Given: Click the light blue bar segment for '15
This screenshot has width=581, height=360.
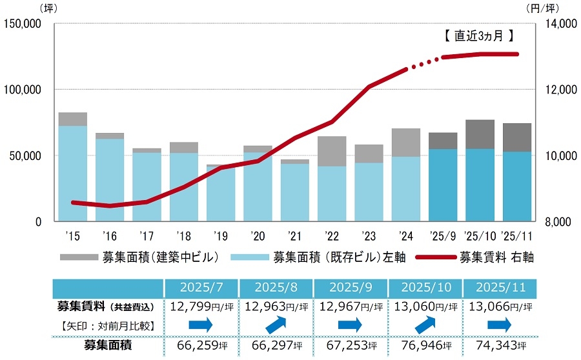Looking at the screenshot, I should (73, 173).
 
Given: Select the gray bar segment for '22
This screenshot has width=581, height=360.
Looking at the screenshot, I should (332, 151).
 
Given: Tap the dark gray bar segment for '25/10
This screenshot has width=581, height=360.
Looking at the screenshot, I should (480, 134).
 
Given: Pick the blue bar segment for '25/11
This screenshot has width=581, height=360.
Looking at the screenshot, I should (517, 186).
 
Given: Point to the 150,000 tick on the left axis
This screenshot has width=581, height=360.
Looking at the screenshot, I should (23, 24).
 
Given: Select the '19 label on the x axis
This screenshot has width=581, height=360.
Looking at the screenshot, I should (220, 235).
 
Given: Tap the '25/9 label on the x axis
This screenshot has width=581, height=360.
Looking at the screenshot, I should (442, 235).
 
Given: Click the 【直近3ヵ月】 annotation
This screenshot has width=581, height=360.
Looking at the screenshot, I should (480, 37).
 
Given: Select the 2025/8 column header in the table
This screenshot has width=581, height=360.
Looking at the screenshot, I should (276, 286).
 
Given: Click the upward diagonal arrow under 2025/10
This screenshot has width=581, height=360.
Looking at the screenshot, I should (424, 323).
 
